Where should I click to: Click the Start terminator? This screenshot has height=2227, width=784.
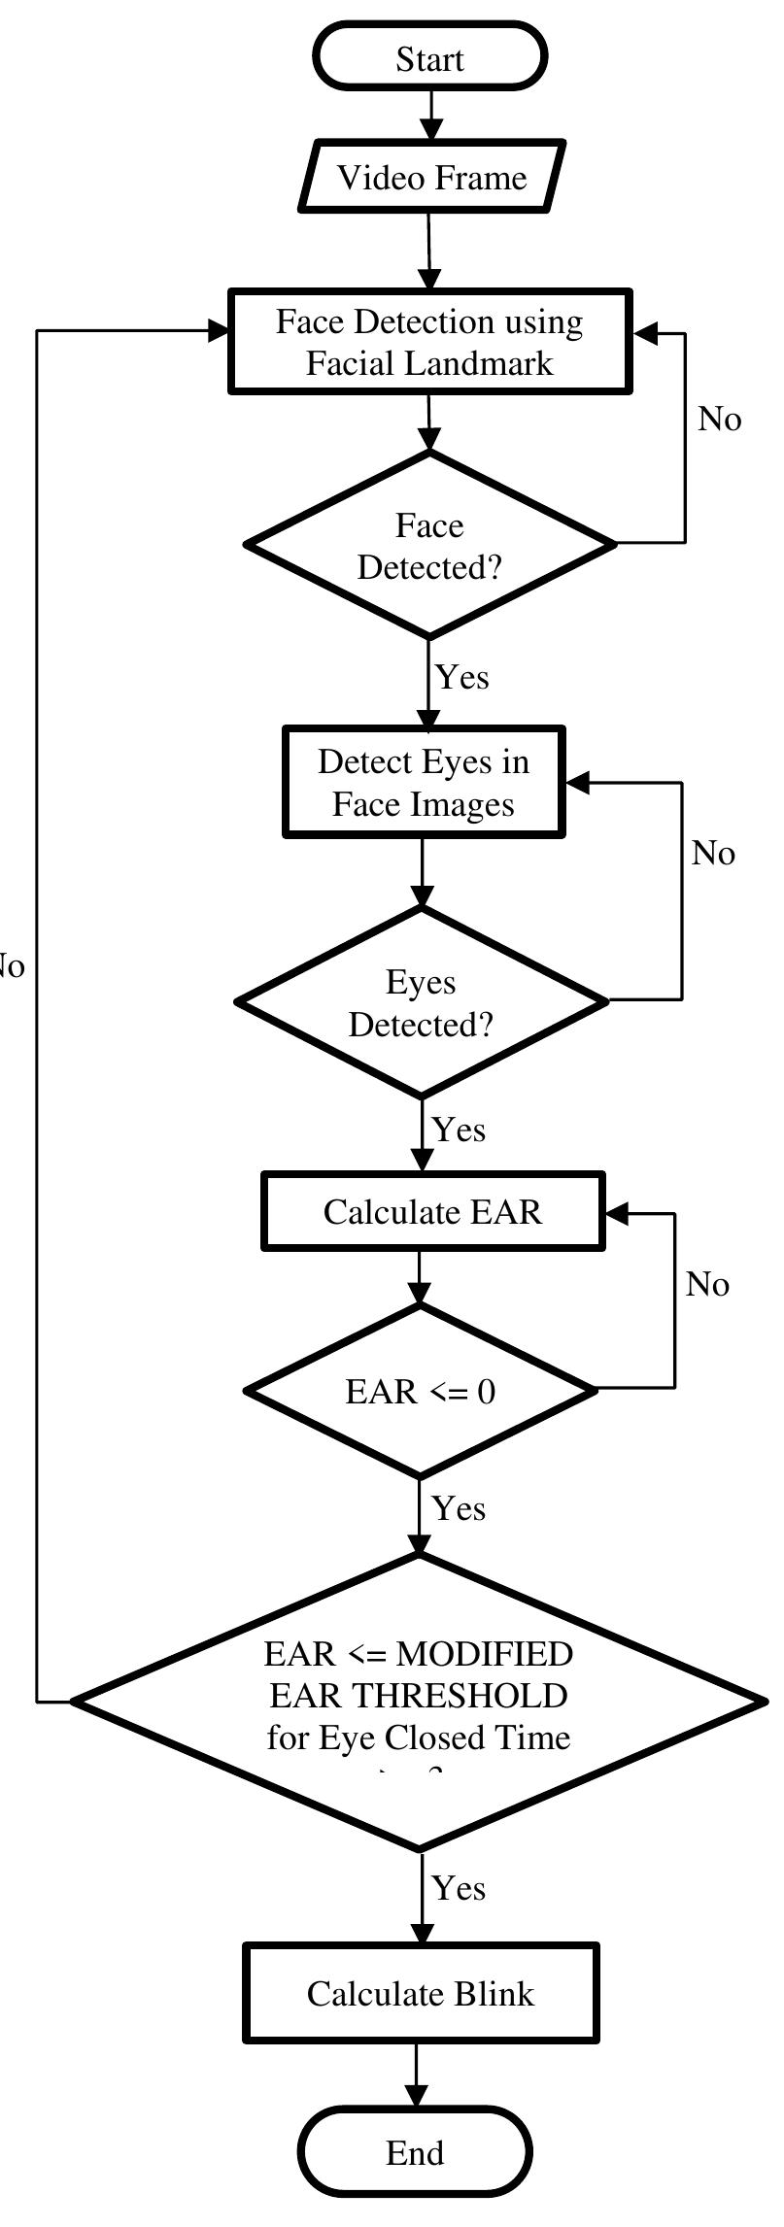(x=429, y=58)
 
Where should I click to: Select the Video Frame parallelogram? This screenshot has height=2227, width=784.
(x=431, y=178)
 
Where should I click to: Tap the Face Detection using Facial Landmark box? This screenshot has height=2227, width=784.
(x=429, y=342)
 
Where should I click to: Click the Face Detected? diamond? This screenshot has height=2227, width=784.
(x=429, y=546)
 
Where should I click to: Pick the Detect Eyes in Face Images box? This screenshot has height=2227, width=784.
(x=424, y=783)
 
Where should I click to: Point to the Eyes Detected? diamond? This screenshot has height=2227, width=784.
(x=422, y=1003)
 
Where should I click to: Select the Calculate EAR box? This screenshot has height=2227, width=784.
(x=432, y=1212)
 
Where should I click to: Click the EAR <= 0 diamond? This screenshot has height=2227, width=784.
(x=420, y=1392)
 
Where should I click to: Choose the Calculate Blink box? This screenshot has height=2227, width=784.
(x=420, y=1994)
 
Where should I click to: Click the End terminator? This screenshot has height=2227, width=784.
(x=416, y=2153)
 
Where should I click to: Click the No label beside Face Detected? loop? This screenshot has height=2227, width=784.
(x=719, y=420)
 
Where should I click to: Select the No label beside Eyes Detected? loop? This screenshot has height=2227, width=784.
(x=713, y=854)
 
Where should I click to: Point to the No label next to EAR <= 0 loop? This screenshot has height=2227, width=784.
(x=706, y=1285)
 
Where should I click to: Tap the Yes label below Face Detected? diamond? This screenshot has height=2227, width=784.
(x=461, y=677)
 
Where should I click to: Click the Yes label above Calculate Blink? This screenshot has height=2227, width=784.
(x=459, y=1888)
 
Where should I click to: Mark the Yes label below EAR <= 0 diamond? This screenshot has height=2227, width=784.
(x=459, y=1508)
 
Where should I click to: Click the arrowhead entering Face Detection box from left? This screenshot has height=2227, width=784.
(x=218, y=331)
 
